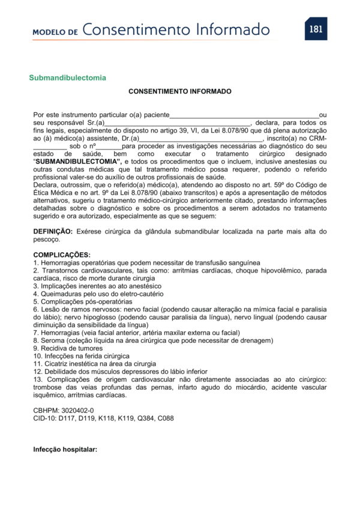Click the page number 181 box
(316, 28)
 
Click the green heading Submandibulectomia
(68, 77)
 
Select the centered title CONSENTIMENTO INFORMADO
(180, 92)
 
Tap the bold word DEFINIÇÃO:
(53, 231)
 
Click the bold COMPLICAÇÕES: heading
(62, 255)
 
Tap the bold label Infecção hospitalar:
(65, 448)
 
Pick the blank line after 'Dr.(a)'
(200, 139)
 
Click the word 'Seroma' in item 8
(53, 340)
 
